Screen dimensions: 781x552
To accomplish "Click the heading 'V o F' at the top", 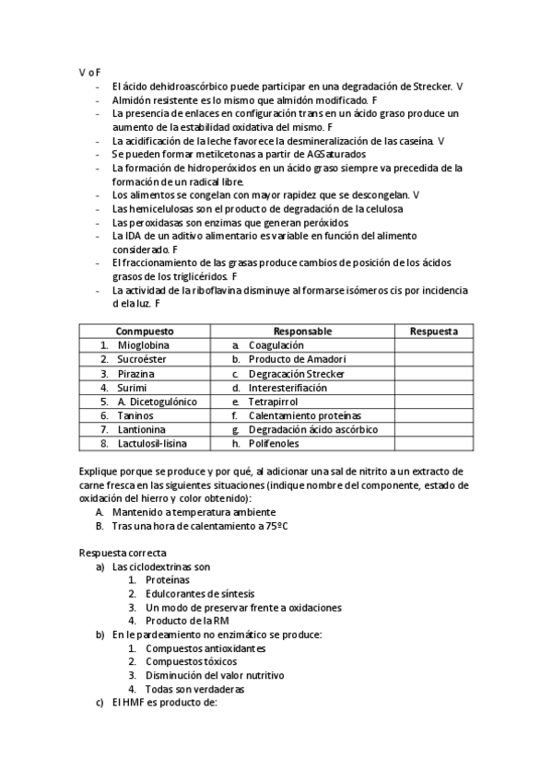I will coord(89,72).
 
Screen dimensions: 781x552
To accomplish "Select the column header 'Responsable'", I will coord(302,332).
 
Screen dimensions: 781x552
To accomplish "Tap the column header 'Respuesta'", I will coord(433,332).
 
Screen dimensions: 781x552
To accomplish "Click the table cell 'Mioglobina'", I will coord(143,345).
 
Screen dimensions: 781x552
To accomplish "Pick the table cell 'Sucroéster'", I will coord(142,359).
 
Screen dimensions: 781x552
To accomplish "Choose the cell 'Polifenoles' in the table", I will coord(274,444).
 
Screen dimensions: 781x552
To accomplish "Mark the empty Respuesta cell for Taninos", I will coord(433,415).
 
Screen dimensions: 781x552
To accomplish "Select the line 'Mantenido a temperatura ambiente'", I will coord(194,512).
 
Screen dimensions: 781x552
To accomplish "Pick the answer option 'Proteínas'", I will coord(168,580).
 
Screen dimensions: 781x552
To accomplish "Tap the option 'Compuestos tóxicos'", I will coord(191,661).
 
